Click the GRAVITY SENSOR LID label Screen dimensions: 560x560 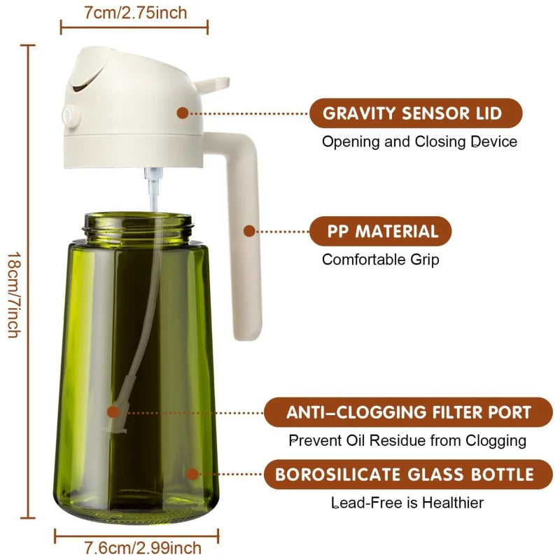[416, 113]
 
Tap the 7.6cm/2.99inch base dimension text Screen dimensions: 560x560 [134, 547]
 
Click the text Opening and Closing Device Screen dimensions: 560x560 [419, 142]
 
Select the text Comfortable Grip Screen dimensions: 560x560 [380, 260]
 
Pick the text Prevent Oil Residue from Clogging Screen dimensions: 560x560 [407, 441]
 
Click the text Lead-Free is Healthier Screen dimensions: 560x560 [407, 503]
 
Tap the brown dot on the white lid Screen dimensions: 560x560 [183, 112]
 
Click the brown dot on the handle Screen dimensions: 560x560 [248, 230]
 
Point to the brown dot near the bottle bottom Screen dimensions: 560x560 [192, 474]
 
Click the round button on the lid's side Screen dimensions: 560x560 [69, 115]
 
